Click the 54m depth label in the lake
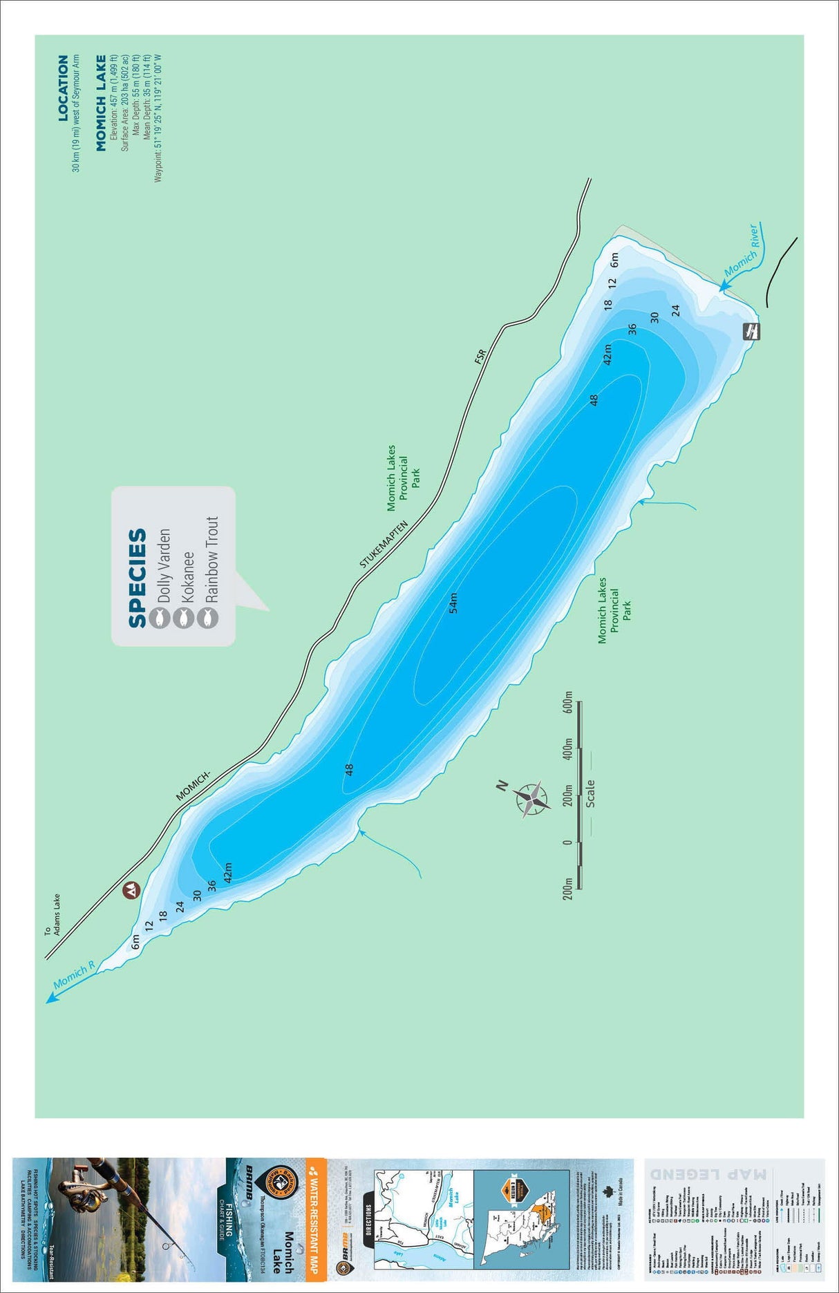pos(453,603)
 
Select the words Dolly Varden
pos(164,566)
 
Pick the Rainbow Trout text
pos(211,559)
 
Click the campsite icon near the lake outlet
pos(131,891)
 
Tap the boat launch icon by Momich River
pos(751,331)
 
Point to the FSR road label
pos(480,356)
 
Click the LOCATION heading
pos(63,88)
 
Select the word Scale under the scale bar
pos(590,793)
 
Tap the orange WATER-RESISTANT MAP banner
pos(314,1216)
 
